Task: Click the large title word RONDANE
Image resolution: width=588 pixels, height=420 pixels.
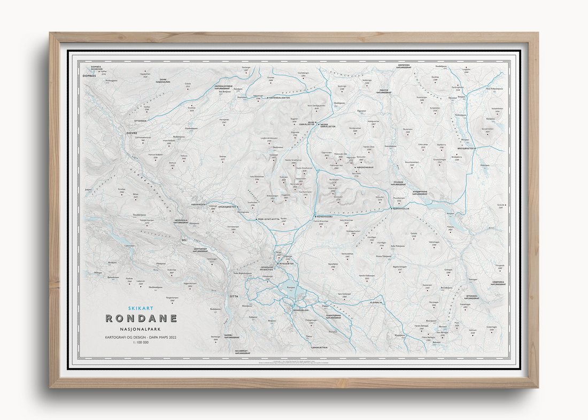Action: (x=141, y=318)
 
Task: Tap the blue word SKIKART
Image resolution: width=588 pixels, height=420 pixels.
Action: (x=141, y=308)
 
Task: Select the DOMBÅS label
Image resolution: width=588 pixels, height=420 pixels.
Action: (x=89, y=76)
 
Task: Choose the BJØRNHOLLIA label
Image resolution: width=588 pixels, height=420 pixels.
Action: (x=400, y=209)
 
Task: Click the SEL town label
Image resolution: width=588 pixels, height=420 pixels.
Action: (x=185, y=241)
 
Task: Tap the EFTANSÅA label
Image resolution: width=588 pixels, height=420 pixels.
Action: (x=138, y=120)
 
